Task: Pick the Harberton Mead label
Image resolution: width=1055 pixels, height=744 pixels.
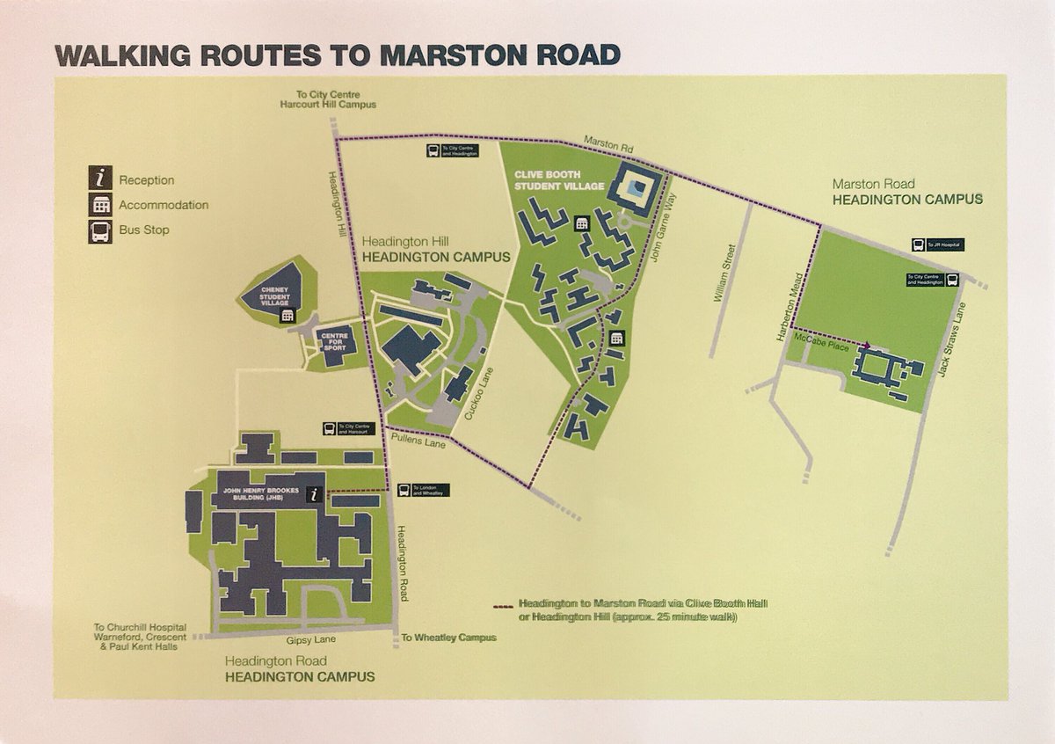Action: (786, 310)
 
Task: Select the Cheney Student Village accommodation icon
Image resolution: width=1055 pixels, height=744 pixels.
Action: (286, 315)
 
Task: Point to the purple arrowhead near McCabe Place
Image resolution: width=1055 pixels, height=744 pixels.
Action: (867, 346)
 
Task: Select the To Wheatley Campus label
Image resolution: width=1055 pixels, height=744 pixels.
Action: (448, 638)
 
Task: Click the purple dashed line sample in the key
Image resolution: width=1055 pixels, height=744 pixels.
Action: (503, 605)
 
